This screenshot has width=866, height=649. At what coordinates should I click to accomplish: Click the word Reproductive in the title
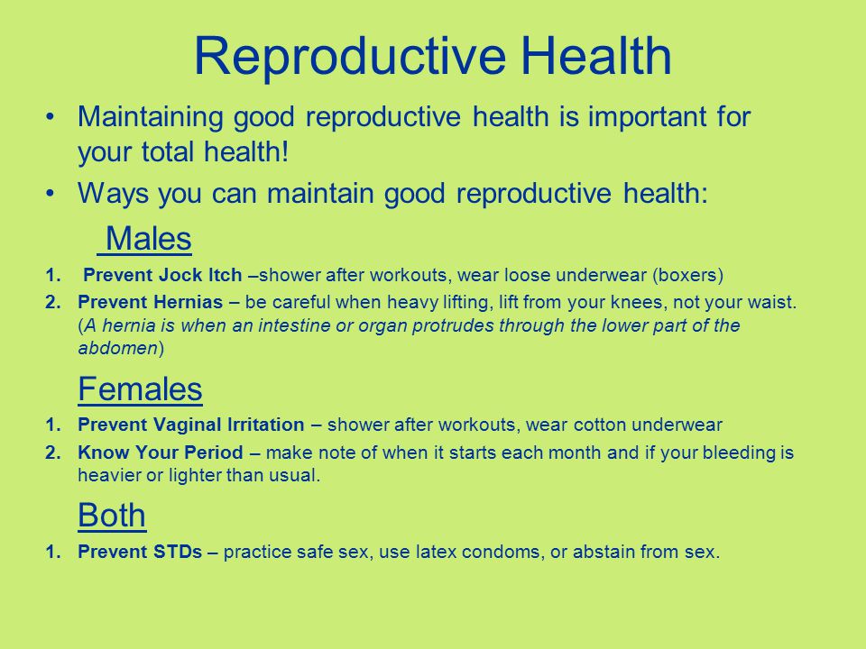pyautogui.click(x=350, y=57)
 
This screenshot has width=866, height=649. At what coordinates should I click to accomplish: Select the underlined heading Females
pyautogui.click(x=141, y=388)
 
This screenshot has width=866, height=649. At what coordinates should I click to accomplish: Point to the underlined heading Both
pyautogui.click(x=112, y=515)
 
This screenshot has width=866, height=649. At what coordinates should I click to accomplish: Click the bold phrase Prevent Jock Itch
pyautogui.click(x=163, y=274)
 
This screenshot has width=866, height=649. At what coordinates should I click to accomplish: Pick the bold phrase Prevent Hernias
pyautogui.click(x=151, y=302)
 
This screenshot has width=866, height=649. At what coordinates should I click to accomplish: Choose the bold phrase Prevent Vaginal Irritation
pyautogui.click(x=191, y=425)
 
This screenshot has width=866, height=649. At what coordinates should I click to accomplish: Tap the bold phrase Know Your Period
pyautogui.click(x=161, y=452)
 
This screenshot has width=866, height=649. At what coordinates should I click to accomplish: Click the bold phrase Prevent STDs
pyautogui.click(x=140, y=552)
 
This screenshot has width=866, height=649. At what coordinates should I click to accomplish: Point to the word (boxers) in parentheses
pyautogui.click(x=687, y=275)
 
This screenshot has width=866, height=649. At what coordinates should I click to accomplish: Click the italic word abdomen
pyautogui.click(x=118, y=348)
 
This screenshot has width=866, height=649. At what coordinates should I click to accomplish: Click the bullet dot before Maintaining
pyautogui.click(x=51, y=117)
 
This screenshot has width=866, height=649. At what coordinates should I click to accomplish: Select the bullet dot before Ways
pyautogui.click(x=51, y=193)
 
